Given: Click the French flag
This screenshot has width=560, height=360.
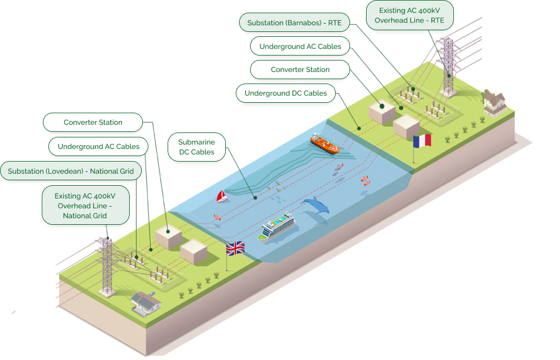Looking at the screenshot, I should [422, 141].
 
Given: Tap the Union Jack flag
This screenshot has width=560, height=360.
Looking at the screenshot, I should [235, 249].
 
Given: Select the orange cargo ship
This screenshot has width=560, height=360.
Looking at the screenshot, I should [325, 143].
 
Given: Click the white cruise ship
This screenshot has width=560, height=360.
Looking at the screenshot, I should [278, 226].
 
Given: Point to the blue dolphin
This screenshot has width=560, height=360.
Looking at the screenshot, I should [315, 206].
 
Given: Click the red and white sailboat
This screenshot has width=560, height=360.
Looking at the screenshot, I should [222, 196].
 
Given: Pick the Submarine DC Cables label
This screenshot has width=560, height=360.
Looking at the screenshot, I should [197, 147].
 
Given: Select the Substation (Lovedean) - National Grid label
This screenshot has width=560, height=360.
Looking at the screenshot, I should [71, 171].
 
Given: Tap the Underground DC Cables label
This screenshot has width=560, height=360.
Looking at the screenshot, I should [286, 93].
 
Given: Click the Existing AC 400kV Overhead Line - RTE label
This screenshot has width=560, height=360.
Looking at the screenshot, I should [409, 15].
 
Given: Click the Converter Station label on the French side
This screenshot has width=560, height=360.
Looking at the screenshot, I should [300, 70].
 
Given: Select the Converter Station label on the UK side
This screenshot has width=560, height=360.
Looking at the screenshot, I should [93, 122].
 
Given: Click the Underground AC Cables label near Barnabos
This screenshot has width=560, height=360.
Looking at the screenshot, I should [300, 47].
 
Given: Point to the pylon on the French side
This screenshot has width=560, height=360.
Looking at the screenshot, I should [449, 66].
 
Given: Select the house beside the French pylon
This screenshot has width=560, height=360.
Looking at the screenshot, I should [494, 103].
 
